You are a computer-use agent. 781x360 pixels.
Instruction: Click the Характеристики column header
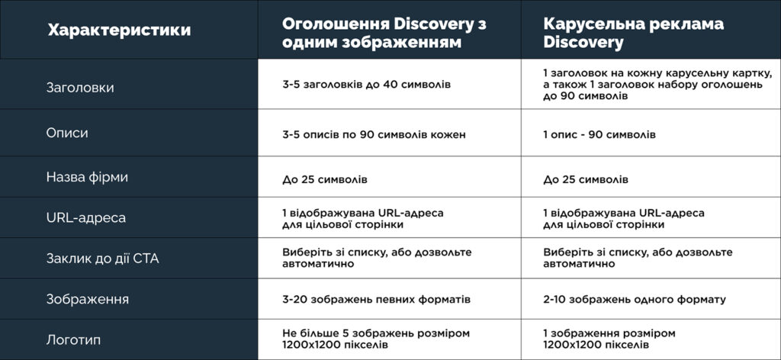(x=119, y=31)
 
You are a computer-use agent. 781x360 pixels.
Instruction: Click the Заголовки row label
(x=80, y=88)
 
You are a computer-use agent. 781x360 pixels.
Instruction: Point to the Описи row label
(x=67, y=133)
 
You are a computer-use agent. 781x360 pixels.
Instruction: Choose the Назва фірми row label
(x=87, y=177)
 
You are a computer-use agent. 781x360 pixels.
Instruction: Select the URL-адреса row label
(x=86, y=218)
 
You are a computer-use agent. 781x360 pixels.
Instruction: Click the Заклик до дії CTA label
(x=102, y=259)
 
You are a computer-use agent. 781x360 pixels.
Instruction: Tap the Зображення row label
(x=87, y=299)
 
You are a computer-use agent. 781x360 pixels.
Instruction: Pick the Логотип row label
(x=73, y=339)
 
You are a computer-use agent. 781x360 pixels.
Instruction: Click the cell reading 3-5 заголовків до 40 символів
(x=366, y=84)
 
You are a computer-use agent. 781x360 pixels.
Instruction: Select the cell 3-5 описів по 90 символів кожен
(x=374, y=135)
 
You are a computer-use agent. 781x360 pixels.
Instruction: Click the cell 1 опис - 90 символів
(x=599, y=135)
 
